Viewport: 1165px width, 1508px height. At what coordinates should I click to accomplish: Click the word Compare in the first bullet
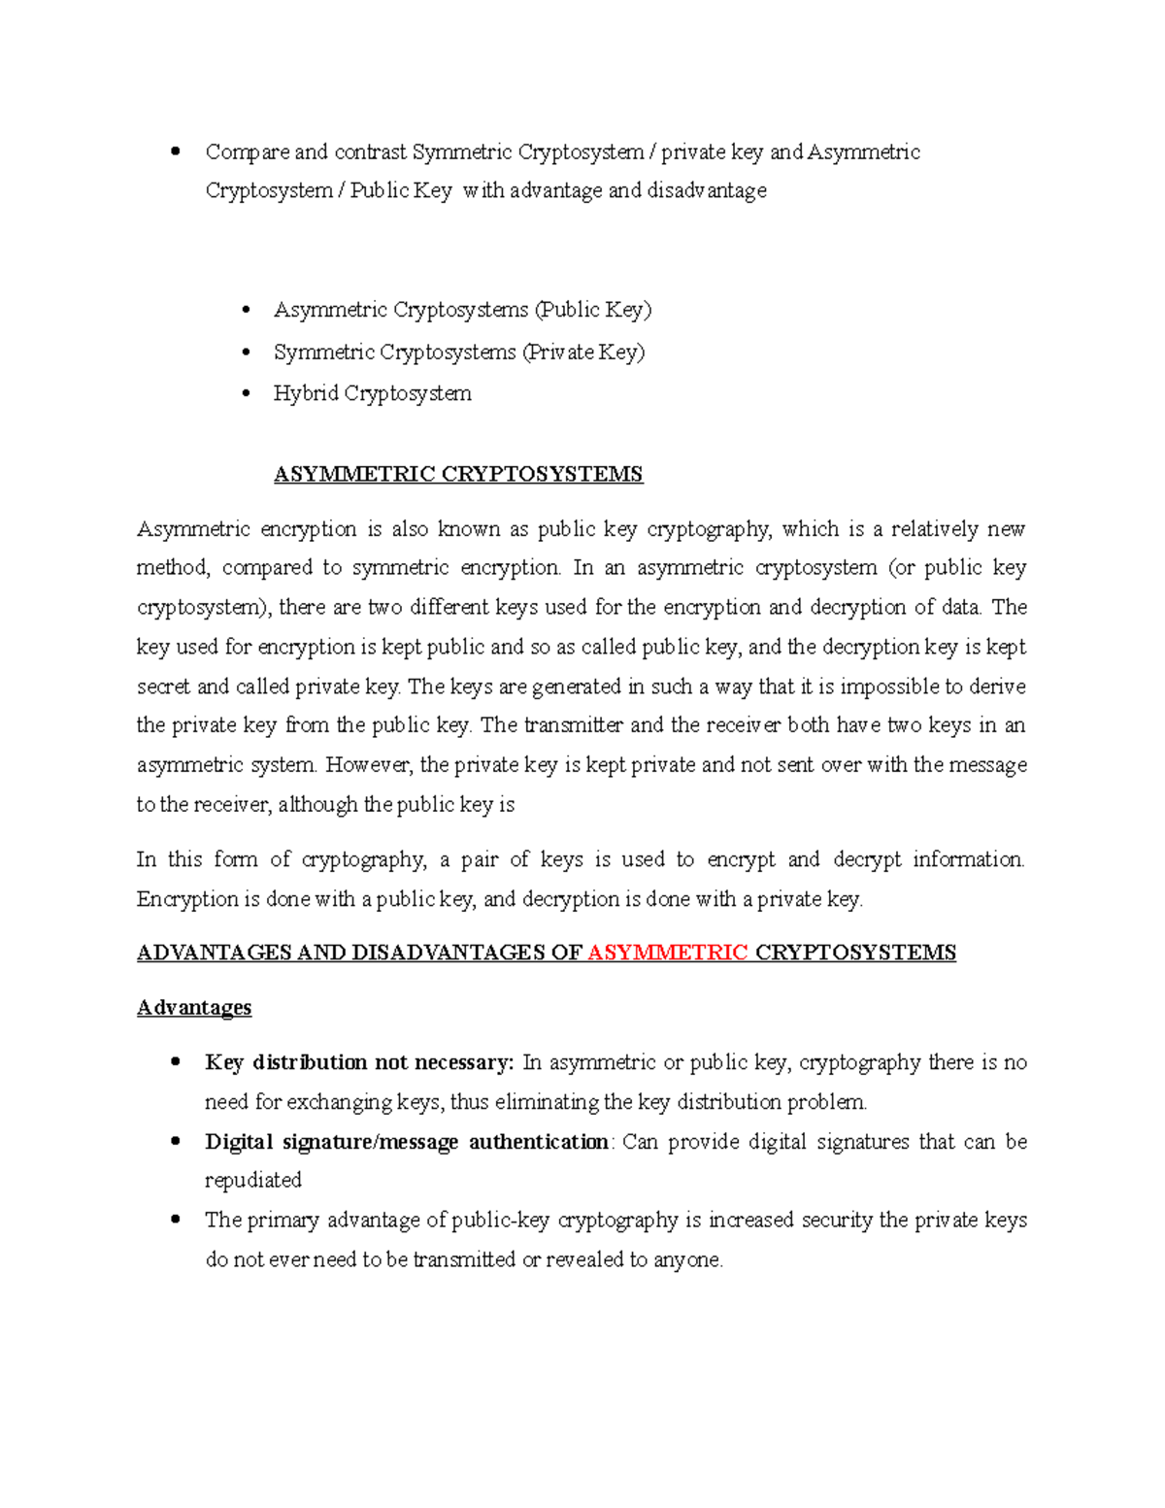click(247, 152)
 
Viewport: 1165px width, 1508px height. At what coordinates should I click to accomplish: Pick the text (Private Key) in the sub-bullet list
click(583, 352)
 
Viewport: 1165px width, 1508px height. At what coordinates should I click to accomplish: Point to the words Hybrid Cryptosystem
click(372, 393)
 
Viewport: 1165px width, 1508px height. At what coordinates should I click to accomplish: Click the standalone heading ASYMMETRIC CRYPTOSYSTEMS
click(458, 474)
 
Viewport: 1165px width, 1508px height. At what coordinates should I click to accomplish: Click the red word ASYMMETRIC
click(668, 953)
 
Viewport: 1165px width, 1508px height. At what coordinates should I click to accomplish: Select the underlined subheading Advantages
click(194, 1007)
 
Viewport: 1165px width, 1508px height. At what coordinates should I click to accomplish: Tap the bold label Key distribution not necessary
click(358, 1062)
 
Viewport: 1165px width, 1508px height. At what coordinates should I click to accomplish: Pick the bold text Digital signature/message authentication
click(406, 1142)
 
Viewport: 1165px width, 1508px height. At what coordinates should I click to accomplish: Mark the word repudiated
click(252, 1181)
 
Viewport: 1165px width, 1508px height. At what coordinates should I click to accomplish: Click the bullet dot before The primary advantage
click(176, 1220)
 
